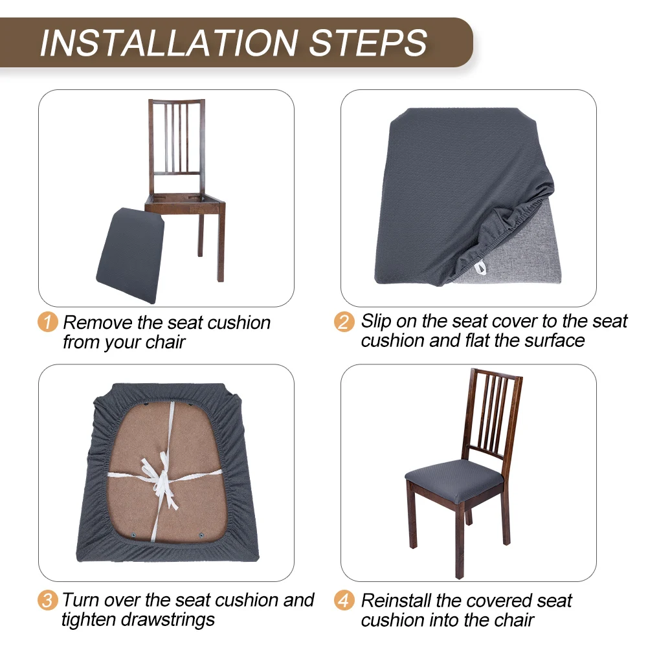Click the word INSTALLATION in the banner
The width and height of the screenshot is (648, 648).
coord(169,43)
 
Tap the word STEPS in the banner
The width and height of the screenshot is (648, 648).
coord(368,43)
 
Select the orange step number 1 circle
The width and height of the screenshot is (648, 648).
coord(47,322)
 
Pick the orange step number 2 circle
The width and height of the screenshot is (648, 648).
coord(344,322)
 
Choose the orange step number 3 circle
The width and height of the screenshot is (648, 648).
coord(47,601)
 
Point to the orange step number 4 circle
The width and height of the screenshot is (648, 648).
coord(344,601)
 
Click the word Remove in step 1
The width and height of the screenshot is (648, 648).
coord(98,323)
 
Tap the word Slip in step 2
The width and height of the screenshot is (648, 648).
coord(375,322)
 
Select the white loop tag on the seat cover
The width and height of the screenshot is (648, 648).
coord(479,268)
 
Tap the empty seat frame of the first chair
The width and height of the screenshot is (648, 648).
coord(184,201)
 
